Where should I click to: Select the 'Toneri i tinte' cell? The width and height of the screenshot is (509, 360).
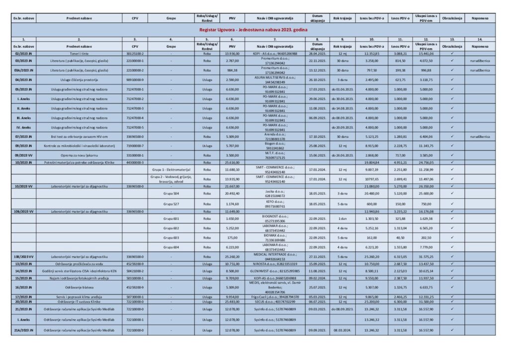[79, 53]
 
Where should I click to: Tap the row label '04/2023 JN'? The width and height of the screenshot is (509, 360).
[23, 79]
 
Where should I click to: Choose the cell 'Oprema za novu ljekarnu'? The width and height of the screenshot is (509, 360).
[79, 156]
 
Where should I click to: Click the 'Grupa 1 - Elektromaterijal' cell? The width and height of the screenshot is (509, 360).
[171, 169]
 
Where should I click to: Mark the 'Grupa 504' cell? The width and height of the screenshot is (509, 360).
[171, 193]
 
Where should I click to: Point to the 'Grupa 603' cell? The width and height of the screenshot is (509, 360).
[171, 237]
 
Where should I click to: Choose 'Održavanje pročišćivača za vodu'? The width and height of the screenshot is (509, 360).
[79, 264]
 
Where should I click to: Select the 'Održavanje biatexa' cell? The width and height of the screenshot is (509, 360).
[79, 287]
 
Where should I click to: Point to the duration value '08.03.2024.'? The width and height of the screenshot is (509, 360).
[342, 329]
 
